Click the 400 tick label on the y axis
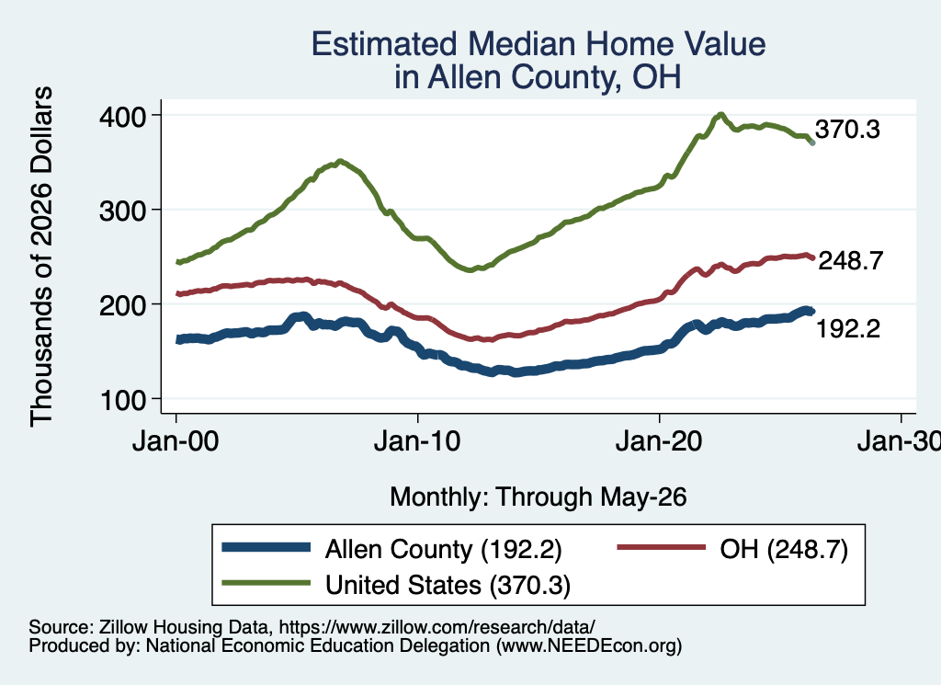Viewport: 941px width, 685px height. point(122,116)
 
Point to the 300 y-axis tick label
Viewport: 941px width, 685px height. point(122,211)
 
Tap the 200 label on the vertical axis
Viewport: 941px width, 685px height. point(122,305)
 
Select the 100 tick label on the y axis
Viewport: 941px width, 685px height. point(124,401)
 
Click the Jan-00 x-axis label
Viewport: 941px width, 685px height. point(176,442)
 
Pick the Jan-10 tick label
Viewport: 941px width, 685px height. point(417,442)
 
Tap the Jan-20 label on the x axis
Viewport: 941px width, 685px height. point(659,442)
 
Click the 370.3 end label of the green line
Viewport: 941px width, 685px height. point(847,130)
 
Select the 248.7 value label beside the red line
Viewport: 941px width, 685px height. point(851,261)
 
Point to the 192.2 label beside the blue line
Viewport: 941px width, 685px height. point(848,329)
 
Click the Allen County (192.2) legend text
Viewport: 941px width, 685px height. point(444,549)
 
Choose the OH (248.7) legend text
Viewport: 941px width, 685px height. point(784,549)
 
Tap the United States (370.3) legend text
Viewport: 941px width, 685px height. point(448,586)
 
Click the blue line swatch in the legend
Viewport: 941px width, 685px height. point(266,547)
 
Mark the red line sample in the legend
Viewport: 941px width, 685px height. point(662,547)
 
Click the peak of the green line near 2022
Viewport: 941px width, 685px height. point(720,114)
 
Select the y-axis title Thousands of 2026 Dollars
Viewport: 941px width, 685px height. point(41,257)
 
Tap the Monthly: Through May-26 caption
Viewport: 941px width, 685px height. point(539,497)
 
